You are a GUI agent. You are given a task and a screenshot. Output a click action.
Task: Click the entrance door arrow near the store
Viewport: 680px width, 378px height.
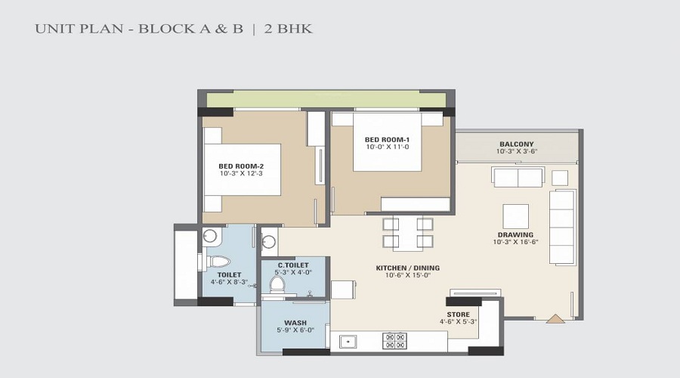point(555,319)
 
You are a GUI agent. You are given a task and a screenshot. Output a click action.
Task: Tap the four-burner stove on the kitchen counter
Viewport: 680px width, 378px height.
point(394,340)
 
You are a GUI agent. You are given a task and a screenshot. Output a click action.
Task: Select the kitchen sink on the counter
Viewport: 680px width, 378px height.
point(348,342)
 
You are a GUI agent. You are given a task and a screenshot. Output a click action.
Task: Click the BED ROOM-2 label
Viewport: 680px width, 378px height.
point(241,166)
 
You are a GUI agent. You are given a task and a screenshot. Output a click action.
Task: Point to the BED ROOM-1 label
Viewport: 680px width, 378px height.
point(386,139)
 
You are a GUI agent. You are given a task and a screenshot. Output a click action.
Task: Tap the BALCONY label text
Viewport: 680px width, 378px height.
point(516,144)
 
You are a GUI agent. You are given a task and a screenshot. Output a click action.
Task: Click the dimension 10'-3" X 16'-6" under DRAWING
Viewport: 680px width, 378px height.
point(516,243)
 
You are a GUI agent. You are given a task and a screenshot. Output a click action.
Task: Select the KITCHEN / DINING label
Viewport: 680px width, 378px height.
point(407,268)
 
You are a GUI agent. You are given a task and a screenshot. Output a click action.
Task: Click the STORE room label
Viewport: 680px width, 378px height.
point(457,314)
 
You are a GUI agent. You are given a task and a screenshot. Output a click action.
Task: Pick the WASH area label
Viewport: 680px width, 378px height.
point(295,322)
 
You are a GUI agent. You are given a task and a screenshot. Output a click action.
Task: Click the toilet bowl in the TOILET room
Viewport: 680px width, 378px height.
point(218,262)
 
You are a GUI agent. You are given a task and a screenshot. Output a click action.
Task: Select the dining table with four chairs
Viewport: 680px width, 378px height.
point(407,233)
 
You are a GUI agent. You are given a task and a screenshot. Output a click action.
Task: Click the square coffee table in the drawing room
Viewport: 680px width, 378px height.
point(516,215)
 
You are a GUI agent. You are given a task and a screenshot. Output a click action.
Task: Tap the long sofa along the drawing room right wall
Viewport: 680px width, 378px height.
point(561,226)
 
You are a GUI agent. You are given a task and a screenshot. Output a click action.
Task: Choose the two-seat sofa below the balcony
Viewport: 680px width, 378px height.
point(518,178)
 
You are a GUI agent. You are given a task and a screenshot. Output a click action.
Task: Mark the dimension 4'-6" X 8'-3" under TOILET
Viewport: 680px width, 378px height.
point(229,282)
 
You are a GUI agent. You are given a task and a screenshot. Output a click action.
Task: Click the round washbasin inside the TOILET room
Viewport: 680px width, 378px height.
point(210,236)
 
